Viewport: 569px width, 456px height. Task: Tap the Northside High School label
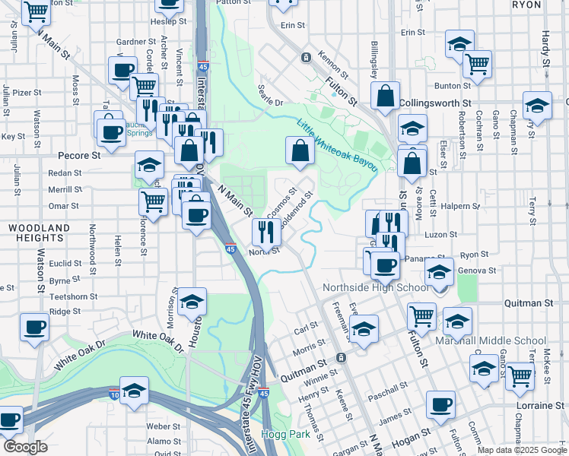[x=375, y=288]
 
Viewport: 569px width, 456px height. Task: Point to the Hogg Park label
[x=279, y=434]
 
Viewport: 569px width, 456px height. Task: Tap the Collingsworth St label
[x=435, y=102]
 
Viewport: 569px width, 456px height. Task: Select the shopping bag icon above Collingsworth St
[x=386, y=95]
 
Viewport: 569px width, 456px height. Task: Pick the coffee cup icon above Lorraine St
[x=440, y=404]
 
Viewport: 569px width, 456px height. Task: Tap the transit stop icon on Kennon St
[x=306, y=57]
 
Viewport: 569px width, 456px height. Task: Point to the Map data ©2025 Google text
[x=521, y=450]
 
